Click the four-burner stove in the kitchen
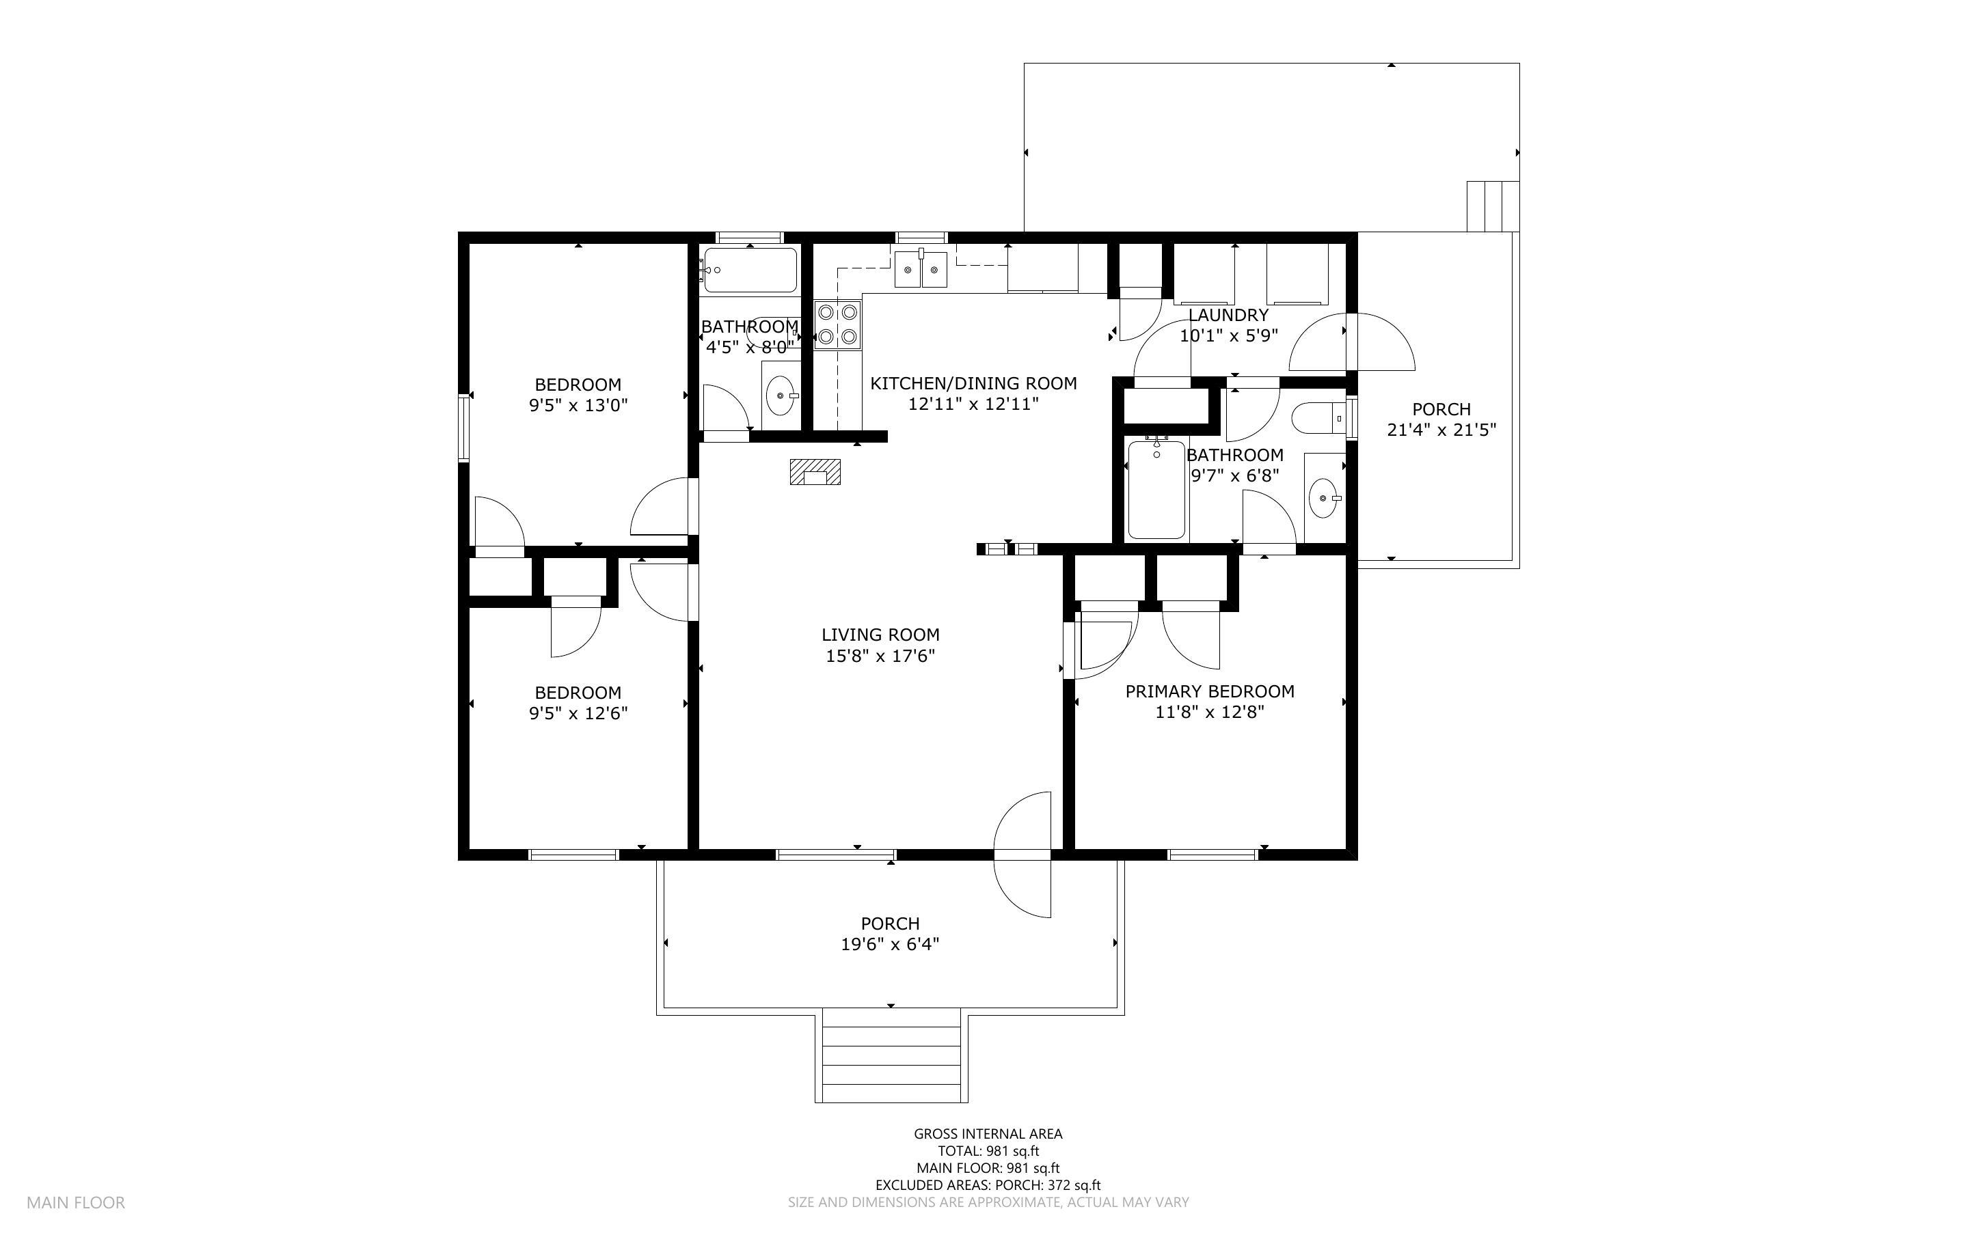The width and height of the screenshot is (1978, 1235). point(837,324)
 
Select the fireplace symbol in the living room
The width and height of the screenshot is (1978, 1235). point(815,472)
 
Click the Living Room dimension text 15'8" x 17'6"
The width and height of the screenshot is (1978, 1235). point(880,655)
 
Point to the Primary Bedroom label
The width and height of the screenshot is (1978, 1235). point(1209,691)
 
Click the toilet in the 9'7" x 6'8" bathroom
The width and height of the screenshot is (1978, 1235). point(1317,418)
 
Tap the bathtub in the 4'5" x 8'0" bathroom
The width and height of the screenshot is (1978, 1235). point(749,270)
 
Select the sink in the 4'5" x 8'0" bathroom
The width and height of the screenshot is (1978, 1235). point(781,396)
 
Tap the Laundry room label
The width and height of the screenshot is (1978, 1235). point(1228,314)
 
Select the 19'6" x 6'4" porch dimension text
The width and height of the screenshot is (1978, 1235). point(890,944)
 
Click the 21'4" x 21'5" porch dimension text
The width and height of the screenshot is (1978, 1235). point(1441,430)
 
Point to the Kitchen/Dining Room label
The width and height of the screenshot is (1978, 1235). point(973,383)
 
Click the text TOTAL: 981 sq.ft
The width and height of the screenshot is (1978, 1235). point(988,1151)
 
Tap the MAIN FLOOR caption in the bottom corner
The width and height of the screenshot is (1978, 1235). point(75,1202)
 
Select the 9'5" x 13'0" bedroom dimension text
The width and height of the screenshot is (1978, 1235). point(578,405)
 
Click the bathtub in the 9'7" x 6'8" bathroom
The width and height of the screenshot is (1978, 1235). point(1156,490)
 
